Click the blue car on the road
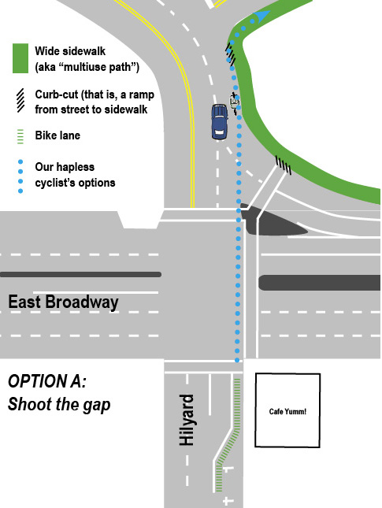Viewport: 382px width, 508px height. [220, 122]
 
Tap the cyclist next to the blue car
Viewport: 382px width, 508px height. [234, 102]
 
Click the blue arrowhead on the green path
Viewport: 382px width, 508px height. [261, 17]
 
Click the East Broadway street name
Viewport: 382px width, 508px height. [63, 302]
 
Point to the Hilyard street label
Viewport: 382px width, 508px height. [187, 421]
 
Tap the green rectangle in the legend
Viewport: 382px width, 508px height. [19, 57]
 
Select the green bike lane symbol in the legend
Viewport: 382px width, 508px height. [19, 135]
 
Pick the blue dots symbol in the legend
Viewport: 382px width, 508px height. [19, 175]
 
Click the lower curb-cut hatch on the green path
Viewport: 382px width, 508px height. [283, 165]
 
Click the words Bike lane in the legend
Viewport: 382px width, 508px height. [57, 135]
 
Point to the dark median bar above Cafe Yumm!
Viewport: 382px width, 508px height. [319, 282]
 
